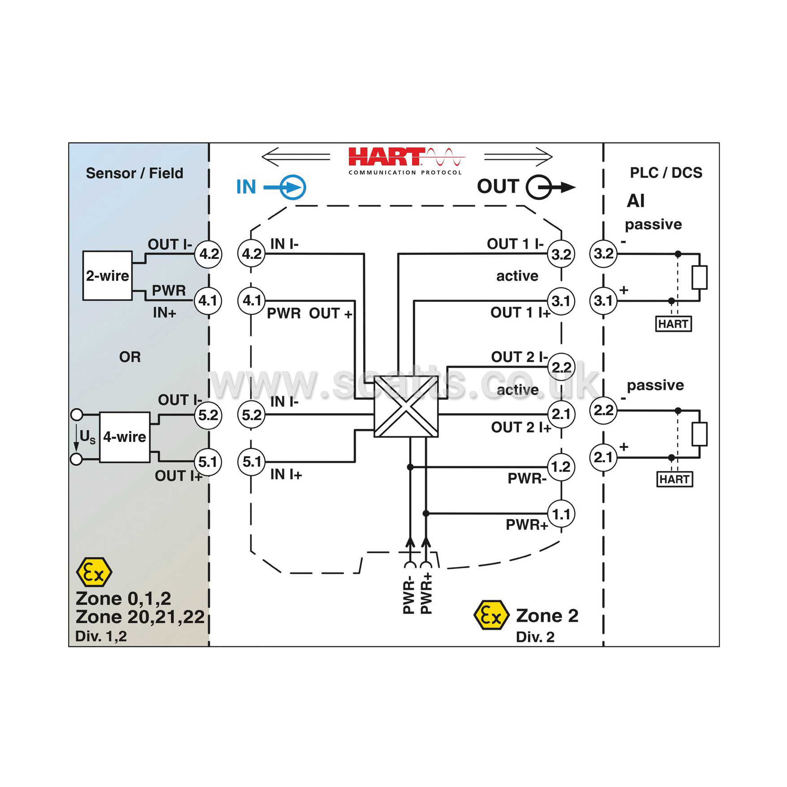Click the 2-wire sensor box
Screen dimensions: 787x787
click(x=108, y=275)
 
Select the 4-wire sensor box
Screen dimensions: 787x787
click(x=125, y=437)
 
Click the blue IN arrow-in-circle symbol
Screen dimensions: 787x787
click(x=285, y=187)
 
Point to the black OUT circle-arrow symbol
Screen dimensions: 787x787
click(x=550, y=187)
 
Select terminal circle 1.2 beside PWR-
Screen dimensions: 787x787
click(x=561, y=467)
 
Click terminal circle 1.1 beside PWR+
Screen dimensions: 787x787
click(x=561, y=514)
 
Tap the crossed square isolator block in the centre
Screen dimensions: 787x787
click(x=406, y=406)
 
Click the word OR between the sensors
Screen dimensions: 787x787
click(x=130, y=357)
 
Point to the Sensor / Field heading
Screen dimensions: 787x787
click(x=134, y=173)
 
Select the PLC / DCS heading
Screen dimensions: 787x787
click(x=666, y=172)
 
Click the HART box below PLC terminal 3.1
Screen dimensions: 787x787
click(x=674, y=324)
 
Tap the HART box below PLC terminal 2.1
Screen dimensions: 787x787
click(x=675, y=479)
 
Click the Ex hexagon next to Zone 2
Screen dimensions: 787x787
click(x=491, y=616)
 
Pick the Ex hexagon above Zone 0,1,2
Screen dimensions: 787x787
click(x=94, y=572)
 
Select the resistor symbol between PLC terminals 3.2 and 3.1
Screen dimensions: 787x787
click(x=699, y=277)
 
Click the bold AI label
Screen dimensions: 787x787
click(x=636, y=201)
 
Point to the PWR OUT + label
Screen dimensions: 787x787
click(x=310, y=314)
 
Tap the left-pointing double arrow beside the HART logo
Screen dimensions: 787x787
click(x=296, y=157)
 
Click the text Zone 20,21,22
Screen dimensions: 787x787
click(x=140, y=617)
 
